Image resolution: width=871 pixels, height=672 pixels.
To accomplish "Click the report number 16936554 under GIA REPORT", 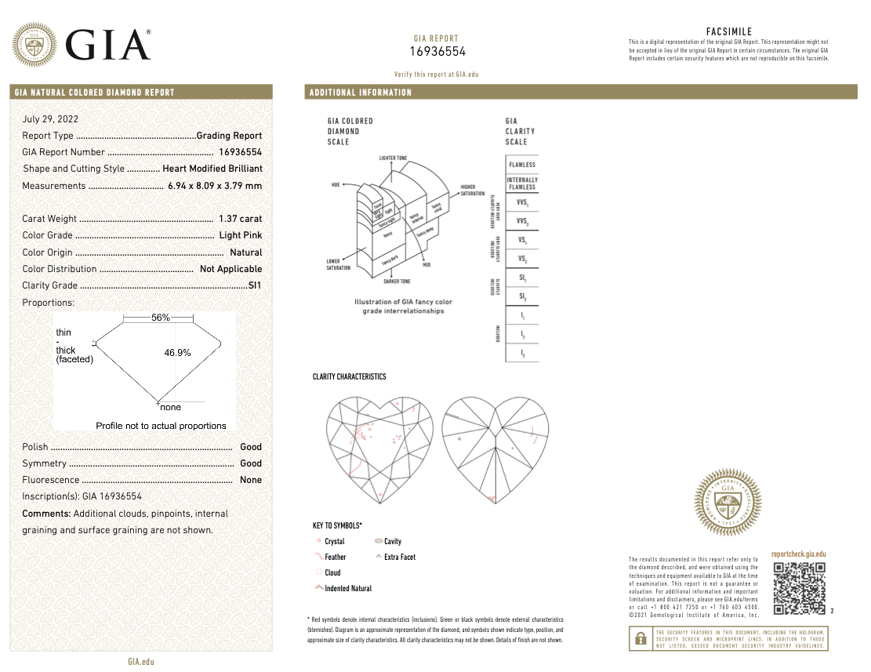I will pyautogui.click(x=437, y=52).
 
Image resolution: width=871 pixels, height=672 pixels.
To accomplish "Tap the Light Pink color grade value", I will pyautogui.click(x=241, y=235).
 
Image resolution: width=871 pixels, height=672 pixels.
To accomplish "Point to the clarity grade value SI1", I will pyautogui.click(x=255, y=285).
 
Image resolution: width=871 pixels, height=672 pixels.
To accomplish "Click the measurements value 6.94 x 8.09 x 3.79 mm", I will pyautogui.click(x=215, y=186).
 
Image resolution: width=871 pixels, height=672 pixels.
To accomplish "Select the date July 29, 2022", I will pyautogui.click(x=50, y=119).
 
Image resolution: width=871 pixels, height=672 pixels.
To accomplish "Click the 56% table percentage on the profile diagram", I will pyautogui.click(x=161, y=318).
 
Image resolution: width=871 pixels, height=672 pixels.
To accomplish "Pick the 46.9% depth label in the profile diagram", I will pyautogui.click(x=177, y=353).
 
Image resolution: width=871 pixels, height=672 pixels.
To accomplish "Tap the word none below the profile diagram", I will pyautogui.click(x=170, y=407).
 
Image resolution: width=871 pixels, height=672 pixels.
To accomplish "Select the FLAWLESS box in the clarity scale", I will pyautogui.click(x=522, y=165).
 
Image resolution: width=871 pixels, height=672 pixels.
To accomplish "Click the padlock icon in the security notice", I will pyautogui.click(x=638, y=639).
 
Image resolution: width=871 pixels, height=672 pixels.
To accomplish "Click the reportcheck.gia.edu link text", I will pyautogui.click(x=798, y=554).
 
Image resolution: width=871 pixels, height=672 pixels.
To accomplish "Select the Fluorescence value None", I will pyautogui.click(x=251, y=480).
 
